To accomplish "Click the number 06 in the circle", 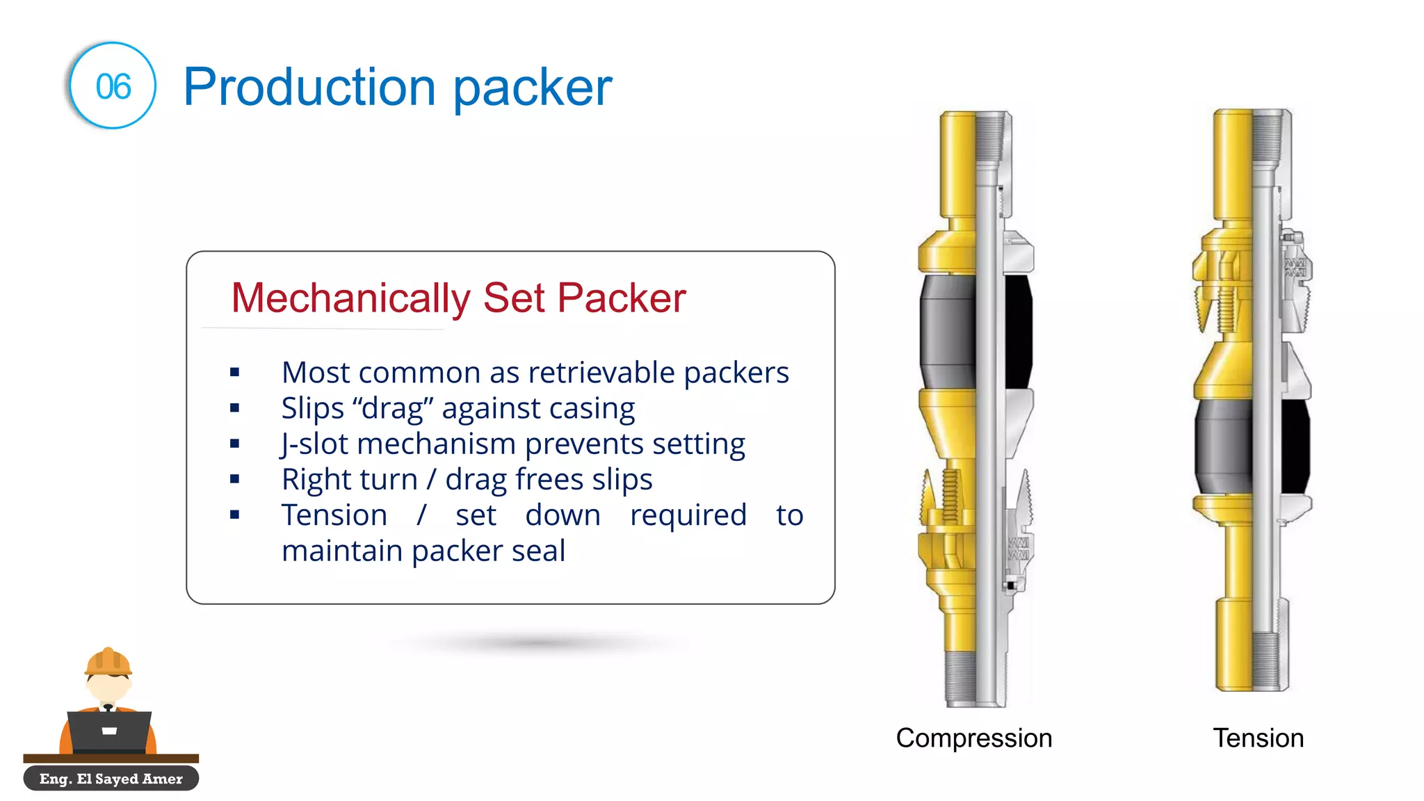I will tap(113, 87).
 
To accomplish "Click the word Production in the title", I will tap(309, 88).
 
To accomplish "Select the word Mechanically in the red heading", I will tap(350, 298).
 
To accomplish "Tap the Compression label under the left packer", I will tap(973, 738).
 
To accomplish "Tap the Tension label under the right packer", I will tap(1258, 738).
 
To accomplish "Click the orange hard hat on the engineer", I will tap(108, 662).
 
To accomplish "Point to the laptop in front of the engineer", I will tap(109, 730).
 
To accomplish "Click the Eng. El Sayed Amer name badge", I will tap(111, 779).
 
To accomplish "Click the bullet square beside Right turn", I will tap(235, 479).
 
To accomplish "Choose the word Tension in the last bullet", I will tap(334, 515).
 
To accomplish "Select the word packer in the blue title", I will tap(533, 88).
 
